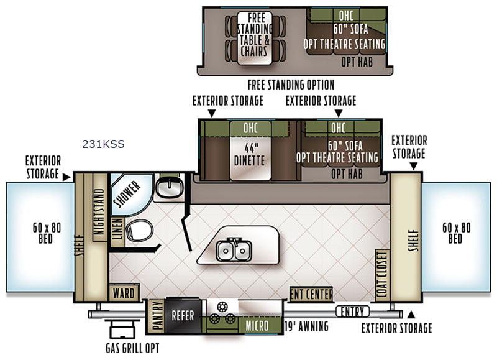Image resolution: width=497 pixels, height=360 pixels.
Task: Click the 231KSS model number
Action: pyautogui.click(x=103, y=144)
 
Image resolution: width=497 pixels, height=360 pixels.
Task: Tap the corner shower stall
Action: pyautogui.click(x=130, y=193)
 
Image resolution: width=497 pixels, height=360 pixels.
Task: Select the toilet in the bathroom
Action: pyautogui.click(x=139, y=231)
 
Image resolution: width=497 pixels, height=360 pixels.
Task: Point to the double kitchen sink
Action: pyautogui.click(x=234, y=251)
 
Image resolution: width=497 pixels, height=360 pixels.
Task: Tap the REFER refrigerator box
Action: pyautogui.click(x=183, y=315)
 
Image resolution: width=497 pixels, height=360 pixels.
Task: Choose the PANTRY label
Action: pyautogui.click(x=157, y=316)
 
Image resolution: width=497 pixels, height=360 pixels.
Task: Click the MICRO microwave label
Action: pyautogui.click(x=257, y=326)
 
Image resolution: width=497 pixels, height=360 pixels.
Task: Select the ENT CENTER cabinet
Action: pyautogui.click(x=311, y=294)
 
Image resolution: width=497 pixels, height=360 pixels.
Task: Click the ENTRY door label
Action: pyautogui.click(x=353, y=312)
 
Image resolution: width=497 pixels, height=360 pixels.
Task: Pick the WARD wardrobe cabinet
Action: pyautogui.click(x=124, y=293)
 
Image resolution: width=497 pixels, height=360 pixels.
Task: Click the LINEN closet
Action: pyautogui.click(x=117, y=229)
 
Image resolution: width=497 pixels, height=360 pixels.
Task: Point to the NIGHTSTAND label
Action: pyautogui.click(x=99, y=211)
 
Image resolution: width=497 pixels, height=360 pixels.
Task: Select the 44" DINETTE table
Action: pyautogui.click(x=250, y=154)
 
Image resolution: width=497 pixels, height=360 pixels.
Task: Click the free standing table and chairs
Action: pyautogui.click(x=255, y=39)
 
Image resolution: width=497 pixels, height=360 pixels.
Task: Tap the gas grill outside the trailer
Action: pyautogui.click(x=122, y=330)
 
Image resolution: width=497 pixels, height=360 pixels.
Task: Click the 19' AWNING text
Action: pyautogui.click(x=306, y=326)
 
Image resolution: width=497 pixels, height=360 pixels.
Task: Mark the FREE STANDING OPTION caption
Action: pyautogui.click(x=291, y=85)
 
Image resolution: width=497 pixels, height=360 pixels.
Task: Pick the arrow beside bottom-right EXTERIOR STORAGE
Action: pyautogui.click(x=411, y=315)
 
